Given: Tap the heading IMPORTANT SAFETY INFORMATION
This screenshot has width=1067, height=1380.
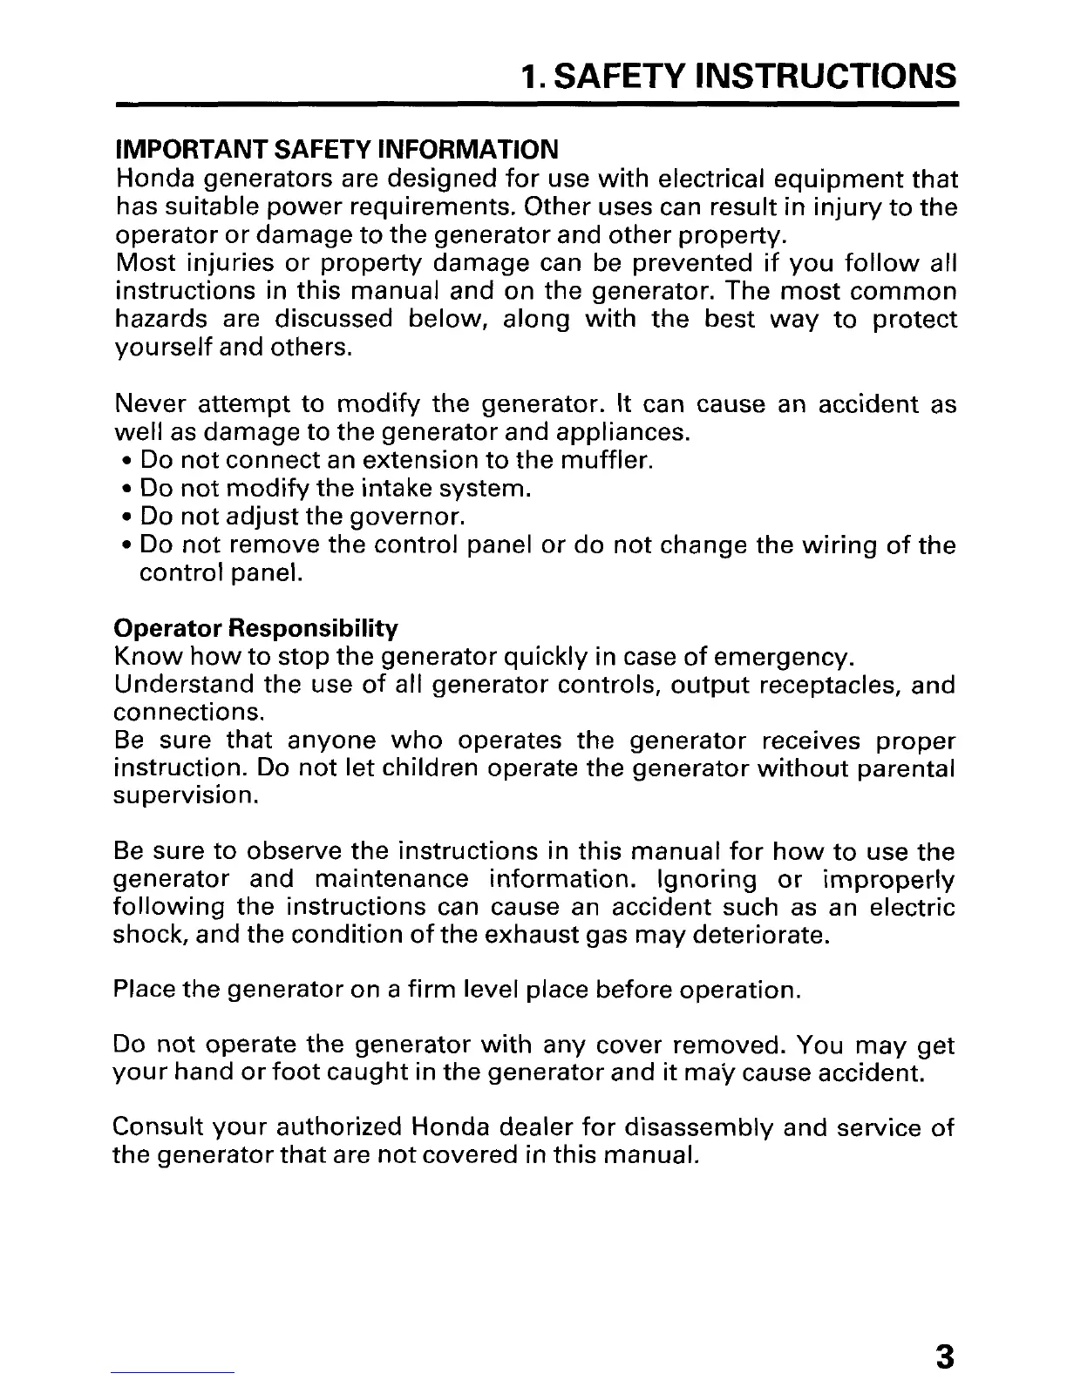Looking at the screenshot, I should coord(336,149).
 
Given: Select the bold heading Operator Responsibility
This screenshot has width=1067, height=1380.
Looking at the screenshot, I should coord(256,628).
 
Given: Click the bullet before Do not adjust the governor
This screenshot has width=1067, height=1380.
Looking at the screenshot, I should coord(127,517).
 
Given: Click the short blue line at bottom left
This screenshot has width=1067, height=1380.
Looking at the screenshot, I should coord(174,1373).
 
